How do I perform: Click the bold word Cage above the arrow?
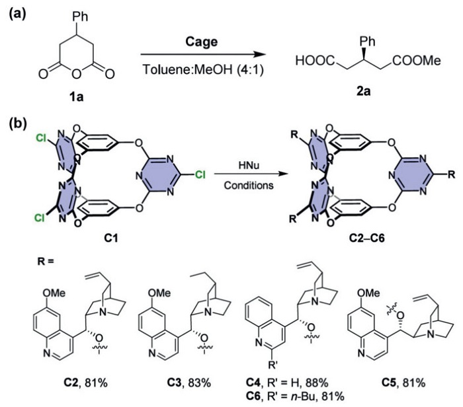pyautogui.click(x=205, y=36)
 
